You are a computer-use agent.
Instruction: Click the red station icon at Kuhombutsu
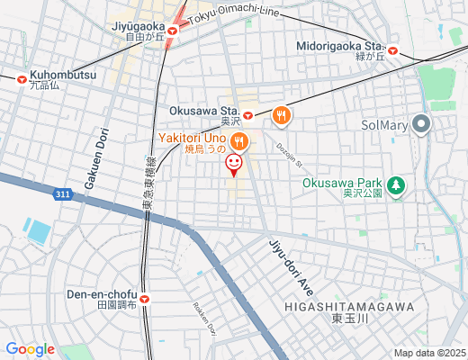21,78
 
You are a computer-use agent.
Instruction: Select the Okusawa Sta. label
201,111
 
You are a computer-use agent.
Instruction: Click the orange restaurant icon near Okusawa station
283,114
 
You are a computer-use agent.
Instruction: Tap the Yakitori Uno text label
192,137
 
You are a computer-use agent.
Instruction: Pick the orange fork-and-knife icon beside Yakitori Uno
238,139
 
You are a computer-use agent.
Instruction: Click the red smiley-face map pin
233,163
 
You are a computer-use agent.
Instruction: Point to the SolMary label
384,124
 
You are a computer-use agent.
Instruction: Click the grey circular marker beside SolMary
420,124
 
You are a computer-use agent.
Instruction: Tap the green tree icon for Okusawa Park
396,186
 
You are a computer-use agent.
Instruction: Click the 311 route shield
60,193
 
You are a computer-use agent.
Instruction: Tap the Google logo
30,349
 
